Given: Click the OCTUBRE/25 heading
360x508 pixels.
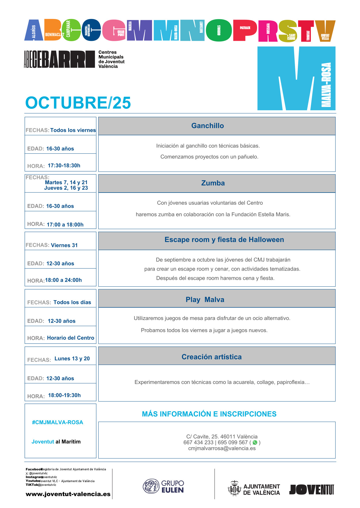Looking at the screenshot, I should pyautogui.click(x=78, y=103).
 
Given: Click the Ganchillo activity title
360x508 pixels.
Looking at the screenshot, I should pyautogui.click(x=207, y=126).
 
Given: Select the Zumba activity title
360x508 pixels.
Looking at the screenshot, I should pyautogui.click(x=213, y=183).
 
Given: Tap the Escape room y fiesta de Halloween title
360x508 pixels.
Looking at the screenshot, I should pyautogui.click(x=224, y=240).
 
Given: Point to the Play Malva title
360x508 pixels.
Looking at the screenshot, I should pyautogui.click(x=205, y=300).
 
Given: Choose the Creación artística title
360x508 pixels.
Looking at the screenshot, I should pyautogui.click(x=211, y=357).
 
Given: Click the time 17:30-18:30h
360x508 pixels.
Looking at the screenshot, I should pyautogui.click(x=64, y=165).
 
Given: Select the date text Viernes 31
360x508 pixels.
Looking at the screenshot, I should pyautogui.click(x=64, y=245).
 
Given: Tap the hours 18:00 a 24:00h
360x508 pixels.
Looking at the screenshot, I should pyautogui.click(x=63, y=280).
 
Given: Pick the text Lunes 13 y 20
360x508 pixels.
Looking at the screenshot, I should pyautogui.click(x=72, y=359).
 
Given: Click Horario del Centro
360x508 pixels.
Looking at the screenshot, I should pyautogui.click(x=70, y=338).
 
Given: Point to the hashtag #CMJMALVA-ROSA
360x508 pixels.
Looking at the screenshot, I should pyautogui.click(x=58, y=422).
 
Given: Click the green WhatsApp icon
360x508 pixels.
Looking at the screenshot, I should pyautogui.click(x=255, y=442).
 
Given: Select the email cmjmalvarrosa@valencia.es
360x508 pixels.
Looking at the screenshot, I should pyautogui.click(x=222, y=448).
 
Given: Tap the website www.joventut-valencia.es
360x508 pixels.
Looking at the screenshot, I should pyautogui.click(x=68, y=494).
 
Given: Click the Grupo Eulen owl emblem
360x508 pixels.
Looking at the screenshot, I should pyautogui.click(x=151, y=486).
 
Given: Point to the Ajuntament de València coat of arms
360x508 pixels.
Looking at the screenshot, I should pyautogui.click(x=234, y=488).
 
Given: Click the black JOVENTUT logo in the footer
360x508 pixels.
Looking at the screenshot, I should pyautogui.click(x=311, y=489).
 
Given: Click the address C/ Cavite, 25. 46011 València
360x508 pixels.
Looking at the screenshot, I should pyautogui.click(x=222, y=437).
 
